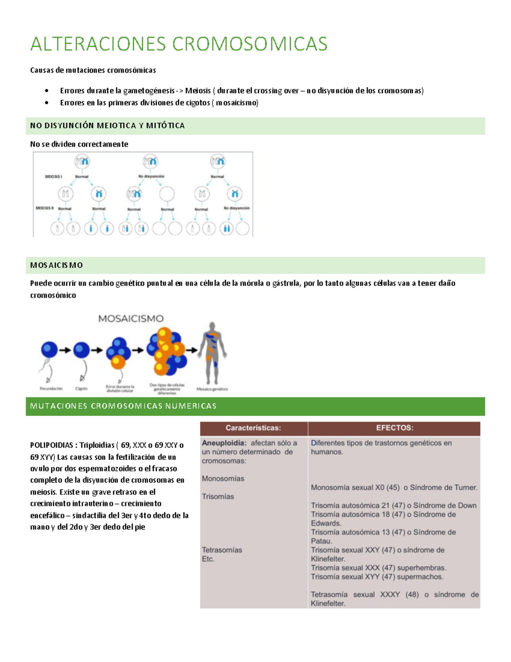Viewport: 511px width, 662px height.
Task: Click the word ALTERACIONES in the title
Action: [x=98, y=44]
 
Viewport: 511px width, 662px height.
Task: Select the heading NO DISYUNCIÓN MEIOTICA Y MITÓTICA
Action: [x=107, y=126]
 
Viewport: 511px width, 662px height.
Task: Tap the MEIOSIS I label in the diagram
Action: [x=54, y=176]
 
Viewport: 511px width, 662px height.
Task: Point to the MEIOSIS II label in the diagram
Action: [x=45, y=208]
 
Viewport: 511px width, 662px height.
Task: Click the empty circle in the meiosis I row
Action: [x=167, y=194]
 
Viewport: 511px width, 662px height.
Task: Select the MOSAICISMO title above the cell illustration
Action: [x=131, y=318]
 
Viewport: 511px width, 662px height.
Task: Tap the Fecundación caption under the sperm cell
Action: [x=51, y=389]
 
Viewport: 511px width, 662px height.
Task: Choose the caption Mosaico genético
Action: [x=212, y=389]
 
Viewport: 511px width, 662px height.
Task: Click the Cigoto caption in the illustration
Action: [x=81, y=389]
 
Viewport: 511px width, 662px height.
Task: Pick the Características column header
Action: [x=253, y=428]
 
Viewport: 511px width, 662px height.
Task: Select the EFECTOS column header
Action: [x=394, y=428]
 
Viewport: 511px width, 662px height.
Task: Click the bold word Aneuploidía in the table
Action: [x=224, y=443]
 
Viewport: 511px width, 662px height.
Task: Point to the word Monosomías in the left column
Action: [x=223, y=479]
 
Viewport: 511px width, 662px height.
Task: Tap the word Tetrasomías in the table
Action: [x=222, y=550]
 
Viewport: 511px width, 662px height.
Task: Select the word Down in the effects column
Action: [x=467, y=506]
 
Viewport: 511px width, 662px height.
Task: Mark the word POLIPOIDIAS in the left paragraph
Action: [x=52, y=445]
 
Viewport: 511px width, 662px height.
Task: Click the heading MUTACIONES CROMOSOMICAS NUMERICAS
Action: [x=123, y=406]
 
